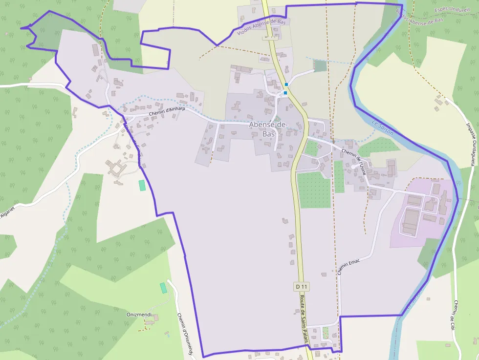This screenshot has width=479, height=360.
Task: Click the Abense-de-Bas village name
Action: (268, 129)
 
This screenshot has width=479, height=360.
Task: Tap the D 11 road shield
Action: (302, 286)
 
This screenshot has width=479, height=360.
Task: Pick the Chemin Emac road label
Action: (348, 267)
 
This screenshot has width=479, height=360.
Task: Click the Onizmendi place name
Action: (139, 315)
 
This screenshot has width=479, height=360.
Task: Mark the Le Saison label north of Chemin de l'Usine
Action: (383, 128)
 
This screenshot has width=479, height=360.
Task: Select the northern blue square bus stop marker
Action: (286, 85)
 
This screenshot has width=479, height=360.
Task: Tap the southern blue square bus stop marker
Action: (285, 92)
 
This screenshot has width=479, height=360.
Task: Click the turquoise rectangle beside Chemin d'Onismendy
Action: (163, 288)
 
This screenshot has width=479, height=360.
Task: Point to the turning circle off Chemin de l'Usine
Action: (367, 167)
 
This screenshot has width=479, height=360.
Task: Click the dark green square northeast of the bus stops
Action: (319, 66)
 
